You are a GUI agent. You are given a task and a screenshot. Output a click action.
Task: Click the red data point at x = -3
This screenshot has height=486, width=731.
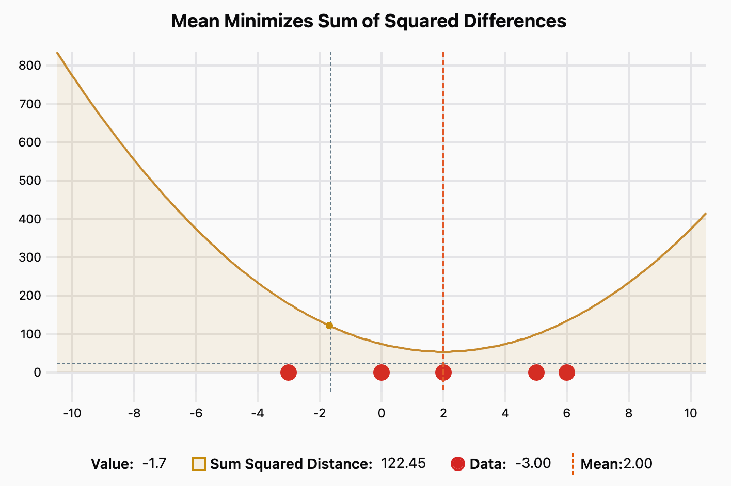point(289,372)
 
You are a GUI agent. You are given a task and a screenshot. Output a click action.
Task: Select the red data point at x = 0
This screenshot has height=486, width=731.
point(381,372)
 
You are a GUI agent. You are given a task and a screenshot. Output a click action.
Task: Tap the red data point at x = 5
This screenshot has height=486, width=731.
point(536,372)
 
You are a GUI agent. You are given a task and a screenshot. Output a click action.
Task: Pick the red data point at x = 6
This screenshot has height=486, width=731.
point(567,372)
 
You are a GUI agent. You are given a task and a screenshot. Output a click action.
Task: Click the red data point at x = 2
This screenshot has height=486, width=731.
point(443,372)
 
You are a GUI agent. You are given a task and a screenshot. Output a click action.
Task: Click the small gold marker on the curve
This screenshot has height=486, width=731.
point(329,326)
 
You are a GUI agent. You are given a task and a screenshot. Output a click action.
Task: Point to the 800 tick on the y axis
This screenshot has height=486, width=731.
point(30,66)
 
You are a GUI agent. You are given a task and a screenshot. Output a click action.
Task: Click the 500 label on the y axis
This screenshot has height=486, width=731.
point(30,181)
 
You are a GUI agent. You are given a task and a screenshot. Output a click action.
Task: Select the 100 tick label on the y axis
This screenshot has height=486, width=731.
point(30,334)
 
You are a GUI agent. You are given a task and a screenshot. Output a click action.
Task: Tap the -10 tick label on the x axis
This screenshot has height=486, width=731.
point(72,413)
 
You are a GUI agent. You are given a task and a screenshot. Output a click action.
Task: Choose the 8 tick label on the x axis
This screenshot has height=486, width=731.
point(628,413)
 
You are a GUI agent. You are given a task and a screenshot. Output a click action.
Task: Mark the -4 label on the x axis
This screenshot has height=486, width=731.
point(257,413)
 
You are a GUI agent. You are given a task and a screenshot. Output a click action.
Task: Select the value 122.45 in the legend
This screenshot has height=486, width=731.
point(403,463)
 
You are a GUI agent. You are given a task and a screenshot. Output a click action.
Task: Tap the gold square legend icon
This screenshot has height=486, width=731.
point(199,464)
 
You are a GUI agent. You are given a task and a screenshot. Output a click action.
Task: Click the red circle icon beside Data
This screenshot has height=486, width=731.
point(458,464)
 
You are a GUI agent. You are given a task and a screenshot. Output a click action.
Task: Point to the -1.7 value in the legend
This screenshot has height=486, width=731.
point(154,463)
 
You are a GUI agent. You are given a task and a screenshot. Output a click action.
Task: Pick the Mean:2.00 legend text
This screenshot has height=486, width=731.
point(616,464)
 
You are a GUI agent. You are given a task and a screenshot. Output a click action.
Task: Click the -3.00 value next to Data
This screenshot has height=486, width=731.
point(533,463)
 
